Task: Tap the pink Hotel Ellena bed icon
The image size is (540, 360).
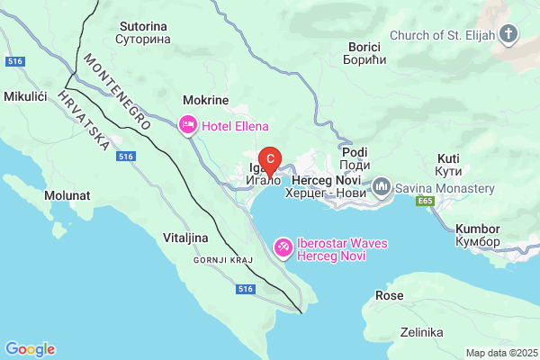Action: pyautogui.click(x=188, y=126)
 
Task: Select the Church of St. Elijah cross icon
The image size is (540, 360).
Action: pyautogui.click(x=510, y=36)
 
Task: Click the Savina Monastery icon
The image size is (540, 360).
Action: pyautogui.click(x=382, y=189)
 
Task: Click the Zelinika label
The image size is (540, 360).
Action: pyautogui.click(x=422, y=332)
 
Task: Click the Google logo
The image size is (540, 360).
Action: pyautogui.click(x=30, y=348)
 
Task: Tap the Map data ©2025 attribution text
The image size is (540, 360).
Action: pyautogui.click(x=500, y=353)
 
